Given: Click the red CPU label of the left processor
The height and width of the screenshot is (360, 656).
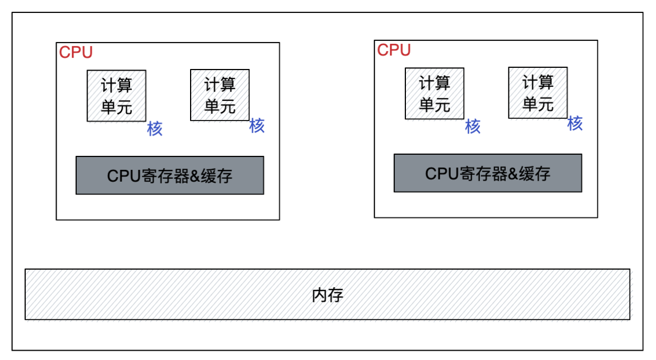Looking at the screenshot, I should [x=76, y=53].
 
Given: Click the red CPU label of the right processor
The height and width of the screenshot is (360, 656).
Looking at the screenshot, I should [x=394, y=50].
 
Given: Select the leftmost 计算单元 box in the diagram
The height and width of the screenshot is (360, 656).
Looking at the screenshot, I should [x=116, y=95].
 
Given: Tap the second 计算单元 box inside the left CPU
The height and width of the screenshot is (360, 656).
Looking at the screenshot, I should [x=220, y=95].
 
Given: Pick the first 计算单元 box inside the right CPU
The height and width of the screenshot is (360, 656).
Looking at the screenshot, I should [x=435, y=93].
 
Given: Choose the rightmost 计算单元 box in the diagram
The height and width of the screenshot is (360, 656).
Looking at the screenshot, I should [x=538, y=93].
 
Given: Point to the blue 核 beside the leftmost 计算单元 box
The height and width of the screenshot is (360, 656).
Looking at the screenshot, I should [x=155, y=129].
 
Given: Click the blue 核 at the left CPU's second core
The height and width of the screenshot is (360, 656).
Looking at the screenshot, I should [x=257, y=126].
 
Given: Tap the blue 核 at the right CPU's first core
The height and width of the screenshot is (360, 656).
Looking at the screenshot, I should [x=473, y=127].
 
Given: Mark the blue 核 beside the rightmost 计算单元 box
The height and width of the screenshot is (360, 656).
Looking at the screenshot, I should [x=575, y=123].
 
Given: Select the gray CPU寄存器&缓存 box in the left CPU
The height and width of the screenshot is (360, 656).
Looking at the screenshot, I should [x=169, y=176].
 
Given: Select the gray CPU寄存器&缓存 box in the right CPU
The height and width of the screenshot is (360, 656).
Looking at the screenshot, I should [x=488, y=173].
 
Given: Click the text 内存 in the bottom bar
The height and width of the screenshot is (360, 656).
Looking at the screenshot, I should [x=327, y=295].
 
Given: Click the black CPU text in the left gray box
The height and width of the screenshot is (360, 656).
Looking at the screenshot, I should [x=121, y=176].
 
